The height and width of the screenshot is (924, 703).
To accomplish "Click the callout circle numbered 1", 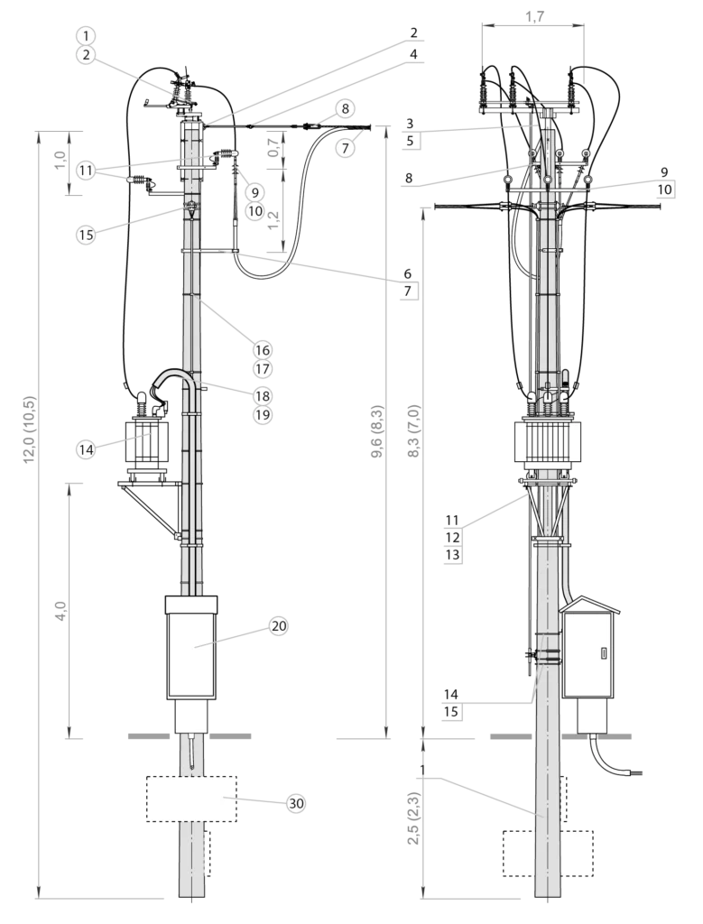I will click(x=85, y=36).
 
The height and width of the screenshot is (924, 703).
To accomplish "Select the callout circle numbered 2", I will click(x=85, y=55).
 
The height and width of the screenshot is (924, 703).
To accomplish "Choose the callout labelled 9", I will click(x=254, y=192).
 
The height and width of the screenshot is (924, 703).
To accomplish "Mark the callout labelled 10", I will click(x=254, y=211).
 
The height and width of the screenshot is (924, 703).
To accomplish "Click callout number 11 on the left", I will click(x=85, y=170).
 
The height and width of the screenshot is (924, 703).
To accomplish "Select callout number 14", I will click(x=85, y=449).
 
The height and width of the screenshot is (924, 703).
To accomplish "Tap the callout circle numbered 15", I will click(x=85, y=235).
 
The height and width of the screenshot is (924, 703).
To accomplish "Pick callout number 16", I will click(x=262, y=350).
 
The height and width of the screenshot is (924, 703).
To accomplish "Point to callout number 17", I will click(x=262, y=369).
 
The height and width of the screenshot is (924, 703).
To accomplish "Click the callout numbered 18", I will click(x=262, y=395).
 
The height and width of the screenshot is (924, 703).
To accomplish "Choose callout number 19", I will click(x=262, y=415).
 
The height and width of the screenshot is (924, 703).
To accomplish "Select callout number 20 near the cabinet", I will click(x=278, y=626).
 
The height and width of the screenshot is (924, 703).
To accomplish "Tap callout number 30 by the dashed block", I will click(x=295, y=803).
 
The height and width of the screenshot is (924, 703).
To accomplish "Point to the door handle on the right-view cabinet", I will click(x=602, y=652).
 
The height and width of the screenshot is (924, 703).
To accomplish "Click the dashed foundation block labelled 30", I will click(x=190, y=798).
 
